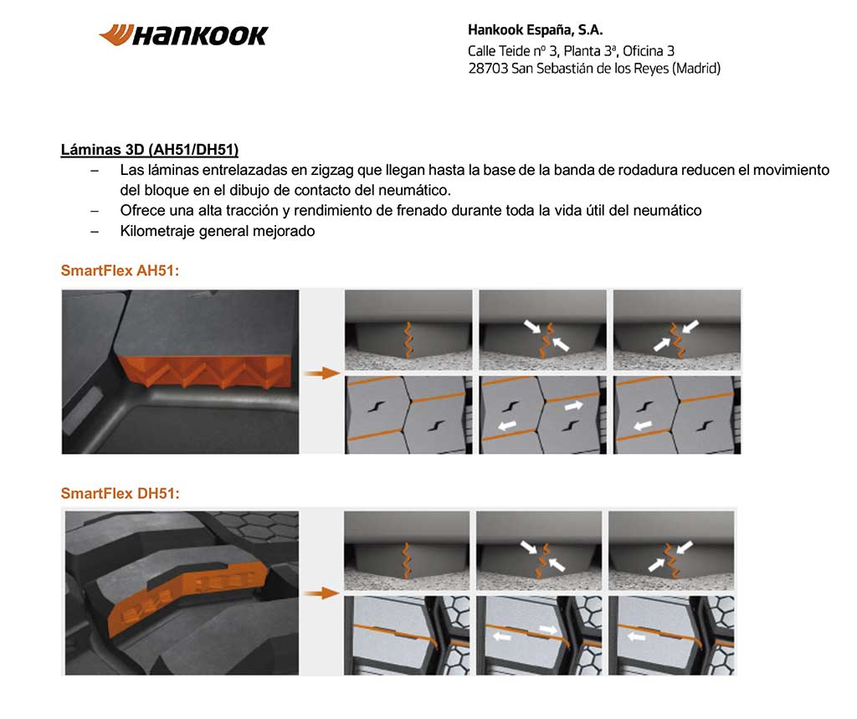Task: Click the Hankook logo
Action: coord(183,35)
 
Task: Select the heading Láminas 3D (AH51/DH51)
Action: coord(150,150)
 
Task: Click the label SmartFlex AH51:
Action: coord(120,271)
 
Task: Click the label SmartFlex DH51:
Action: coord(120,493)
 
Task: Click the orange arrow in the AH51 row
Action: coord(321,372)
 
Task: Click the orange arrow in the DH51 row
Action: coord(321,593)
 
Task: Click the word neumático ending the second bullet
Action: coord(667,210)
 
